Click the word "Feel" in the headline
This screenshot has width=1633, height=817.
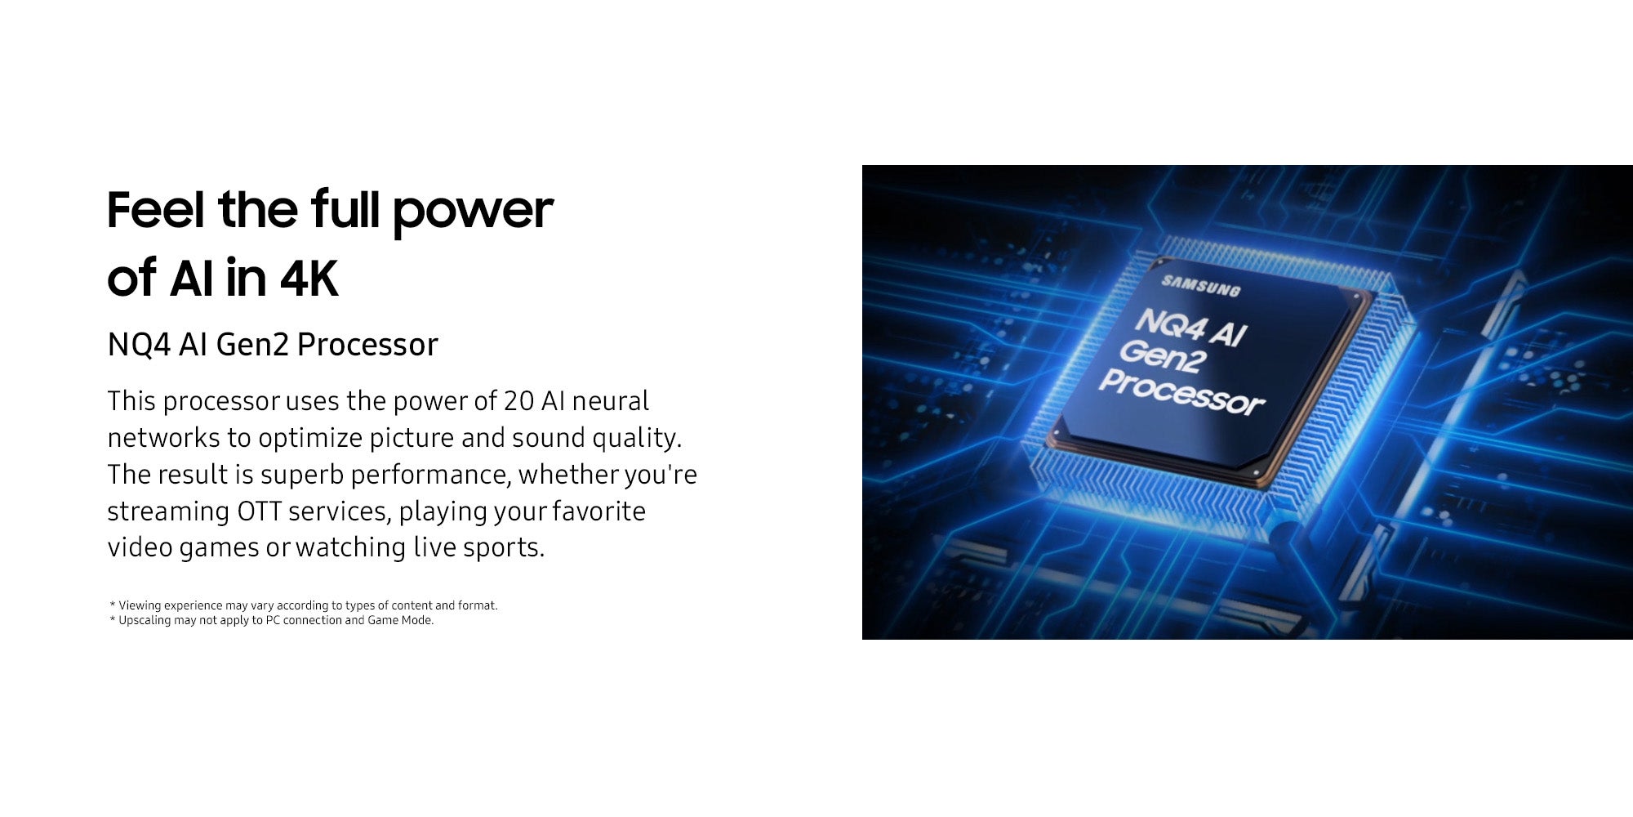(x=155, y=209)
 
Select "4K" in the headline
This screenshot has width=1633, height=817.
(x=309, y=279)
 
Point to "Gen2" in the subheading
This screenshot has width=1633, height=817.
(x=252, y=345)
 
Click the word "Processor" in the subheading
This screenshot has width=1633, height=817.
(x=367, y=345)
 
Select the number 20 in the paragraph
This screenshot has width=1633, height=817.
(x=518, y=401)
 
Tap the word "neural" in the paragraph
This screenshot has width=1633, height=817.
(x=610, y=401)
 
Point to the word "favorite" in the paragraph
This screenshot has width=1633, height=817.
(x=598, y=511)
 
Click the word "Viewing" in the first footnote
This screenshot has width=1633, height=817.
(x=140, y=605)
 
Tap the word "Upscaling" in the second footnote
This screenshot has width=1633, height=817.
(x=145, y=621)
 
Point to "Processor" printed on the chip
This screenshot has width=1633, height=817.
(x=1181, y=391)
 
